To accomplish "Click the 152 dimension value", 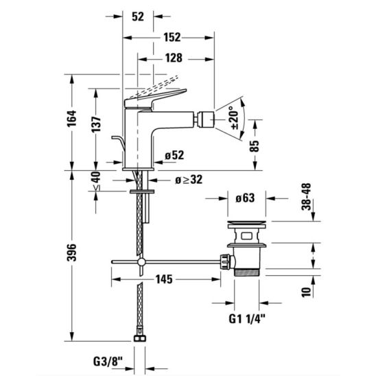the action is [x=172, y=38].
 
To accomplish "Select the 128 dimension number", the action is [x=174, y=58].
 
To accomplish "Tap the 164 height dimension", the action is [x=71, y=119].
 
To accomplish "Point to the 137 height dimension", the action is [x=96, y=124].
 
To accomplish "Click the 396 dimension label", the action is [x=71, y=252].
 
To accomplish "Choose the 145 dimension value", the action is [x=164, y=279].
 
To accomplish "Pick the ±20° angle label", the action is [x=234, y=118].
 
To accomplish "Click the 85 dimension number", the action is [x=255, y=146].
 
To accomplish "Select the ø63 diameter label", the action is [x=245, y=198].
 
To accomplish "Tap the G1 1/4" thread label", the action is [x=247, y=319].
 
